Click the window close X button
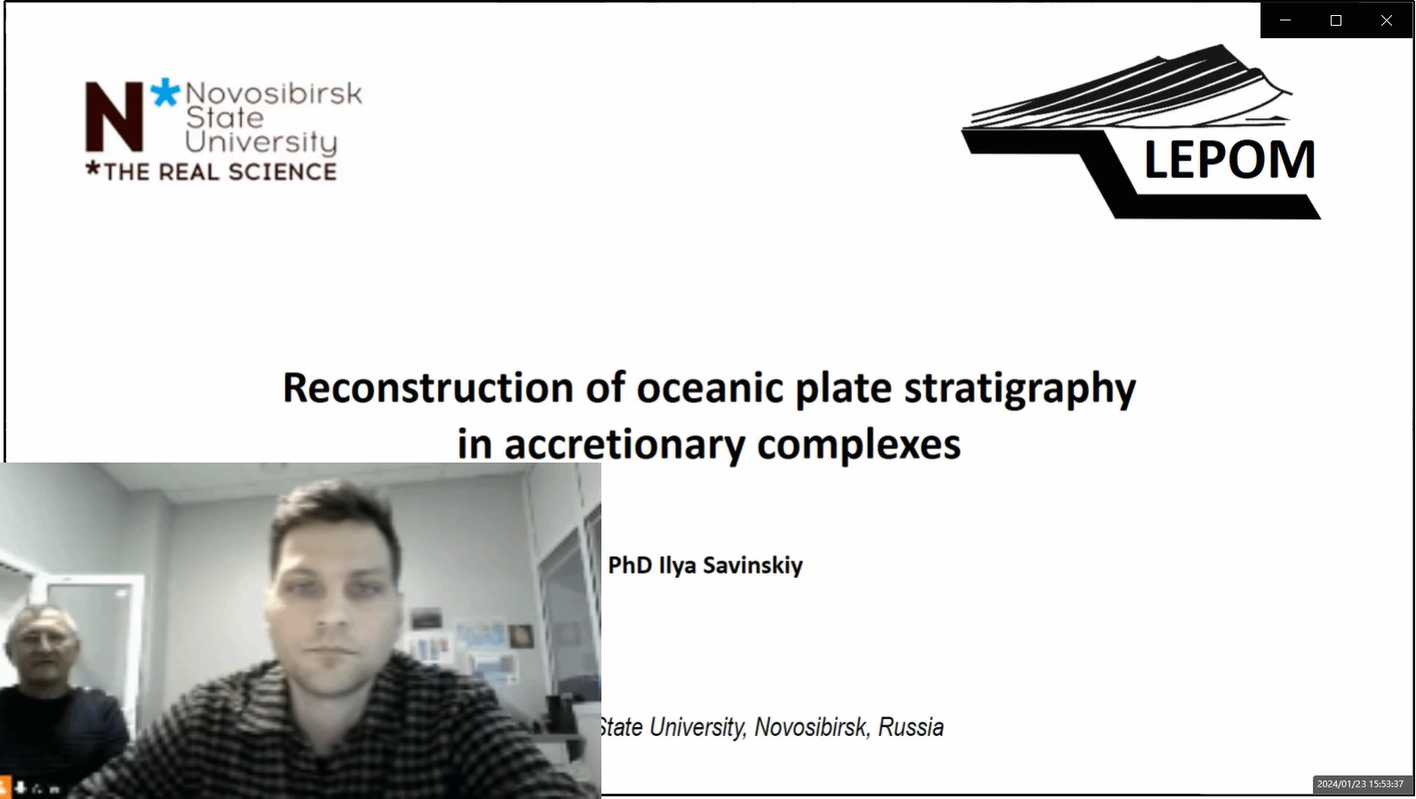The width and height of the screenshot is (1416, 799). tap(1387, 20)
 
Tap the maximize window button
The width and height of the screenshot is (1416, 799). tap(1336, 20)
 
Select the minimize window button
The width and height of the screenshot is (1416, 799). tap(1285, 20)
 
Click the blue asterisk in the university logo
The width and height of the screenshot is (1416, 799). tap(165, 92)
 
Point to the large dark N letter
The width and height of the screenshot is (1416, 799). tap(115, 117)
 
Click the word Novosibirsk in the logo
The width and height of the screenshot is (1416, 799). tap(274, 94)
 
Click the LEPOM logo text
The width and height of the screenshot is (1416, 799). tap(1229, 160)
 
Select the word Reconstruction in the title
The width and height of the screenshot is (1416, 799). tap(427, 387)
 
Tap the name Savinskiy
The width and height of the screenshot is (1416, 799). tap(753, 566)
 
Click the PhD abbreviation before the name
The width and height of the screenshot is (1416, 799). tap(630, 566)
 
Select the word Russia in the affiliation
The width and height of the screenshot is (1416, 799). tap(911, 727)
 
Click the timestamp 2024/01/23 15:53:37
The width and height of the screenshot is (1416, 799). tap(1360, 784)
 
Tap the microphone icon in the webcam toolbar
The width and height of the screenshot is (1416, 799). tap(20, 787)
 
